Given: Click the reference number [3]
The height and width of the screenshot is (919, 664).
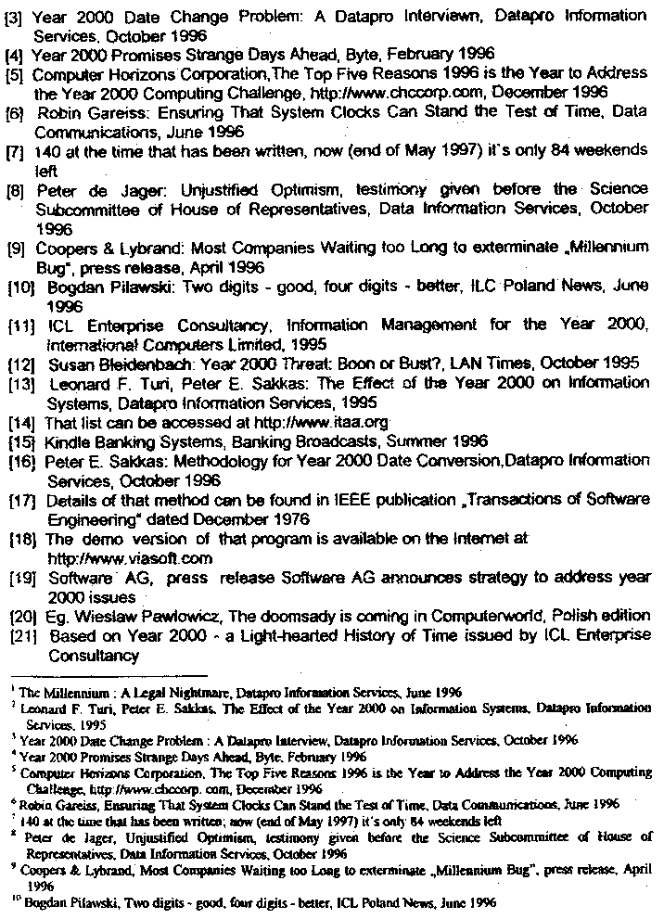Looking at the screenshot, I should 14,17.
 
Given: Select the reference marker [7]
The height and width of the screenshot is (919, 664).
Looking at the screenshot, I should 15,152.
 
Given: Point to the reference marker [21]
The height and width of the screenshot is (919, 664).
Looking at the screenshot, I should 21,636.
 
